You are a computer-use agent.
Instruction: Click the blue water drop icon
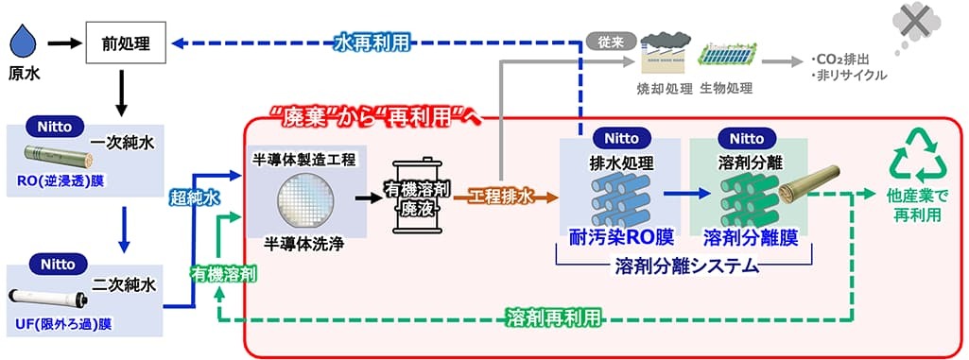coord(24,43)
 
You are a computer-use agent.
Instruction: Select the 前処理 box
coord(126,43)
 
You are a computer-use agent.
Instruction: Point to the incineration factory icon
coord(665,55)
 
